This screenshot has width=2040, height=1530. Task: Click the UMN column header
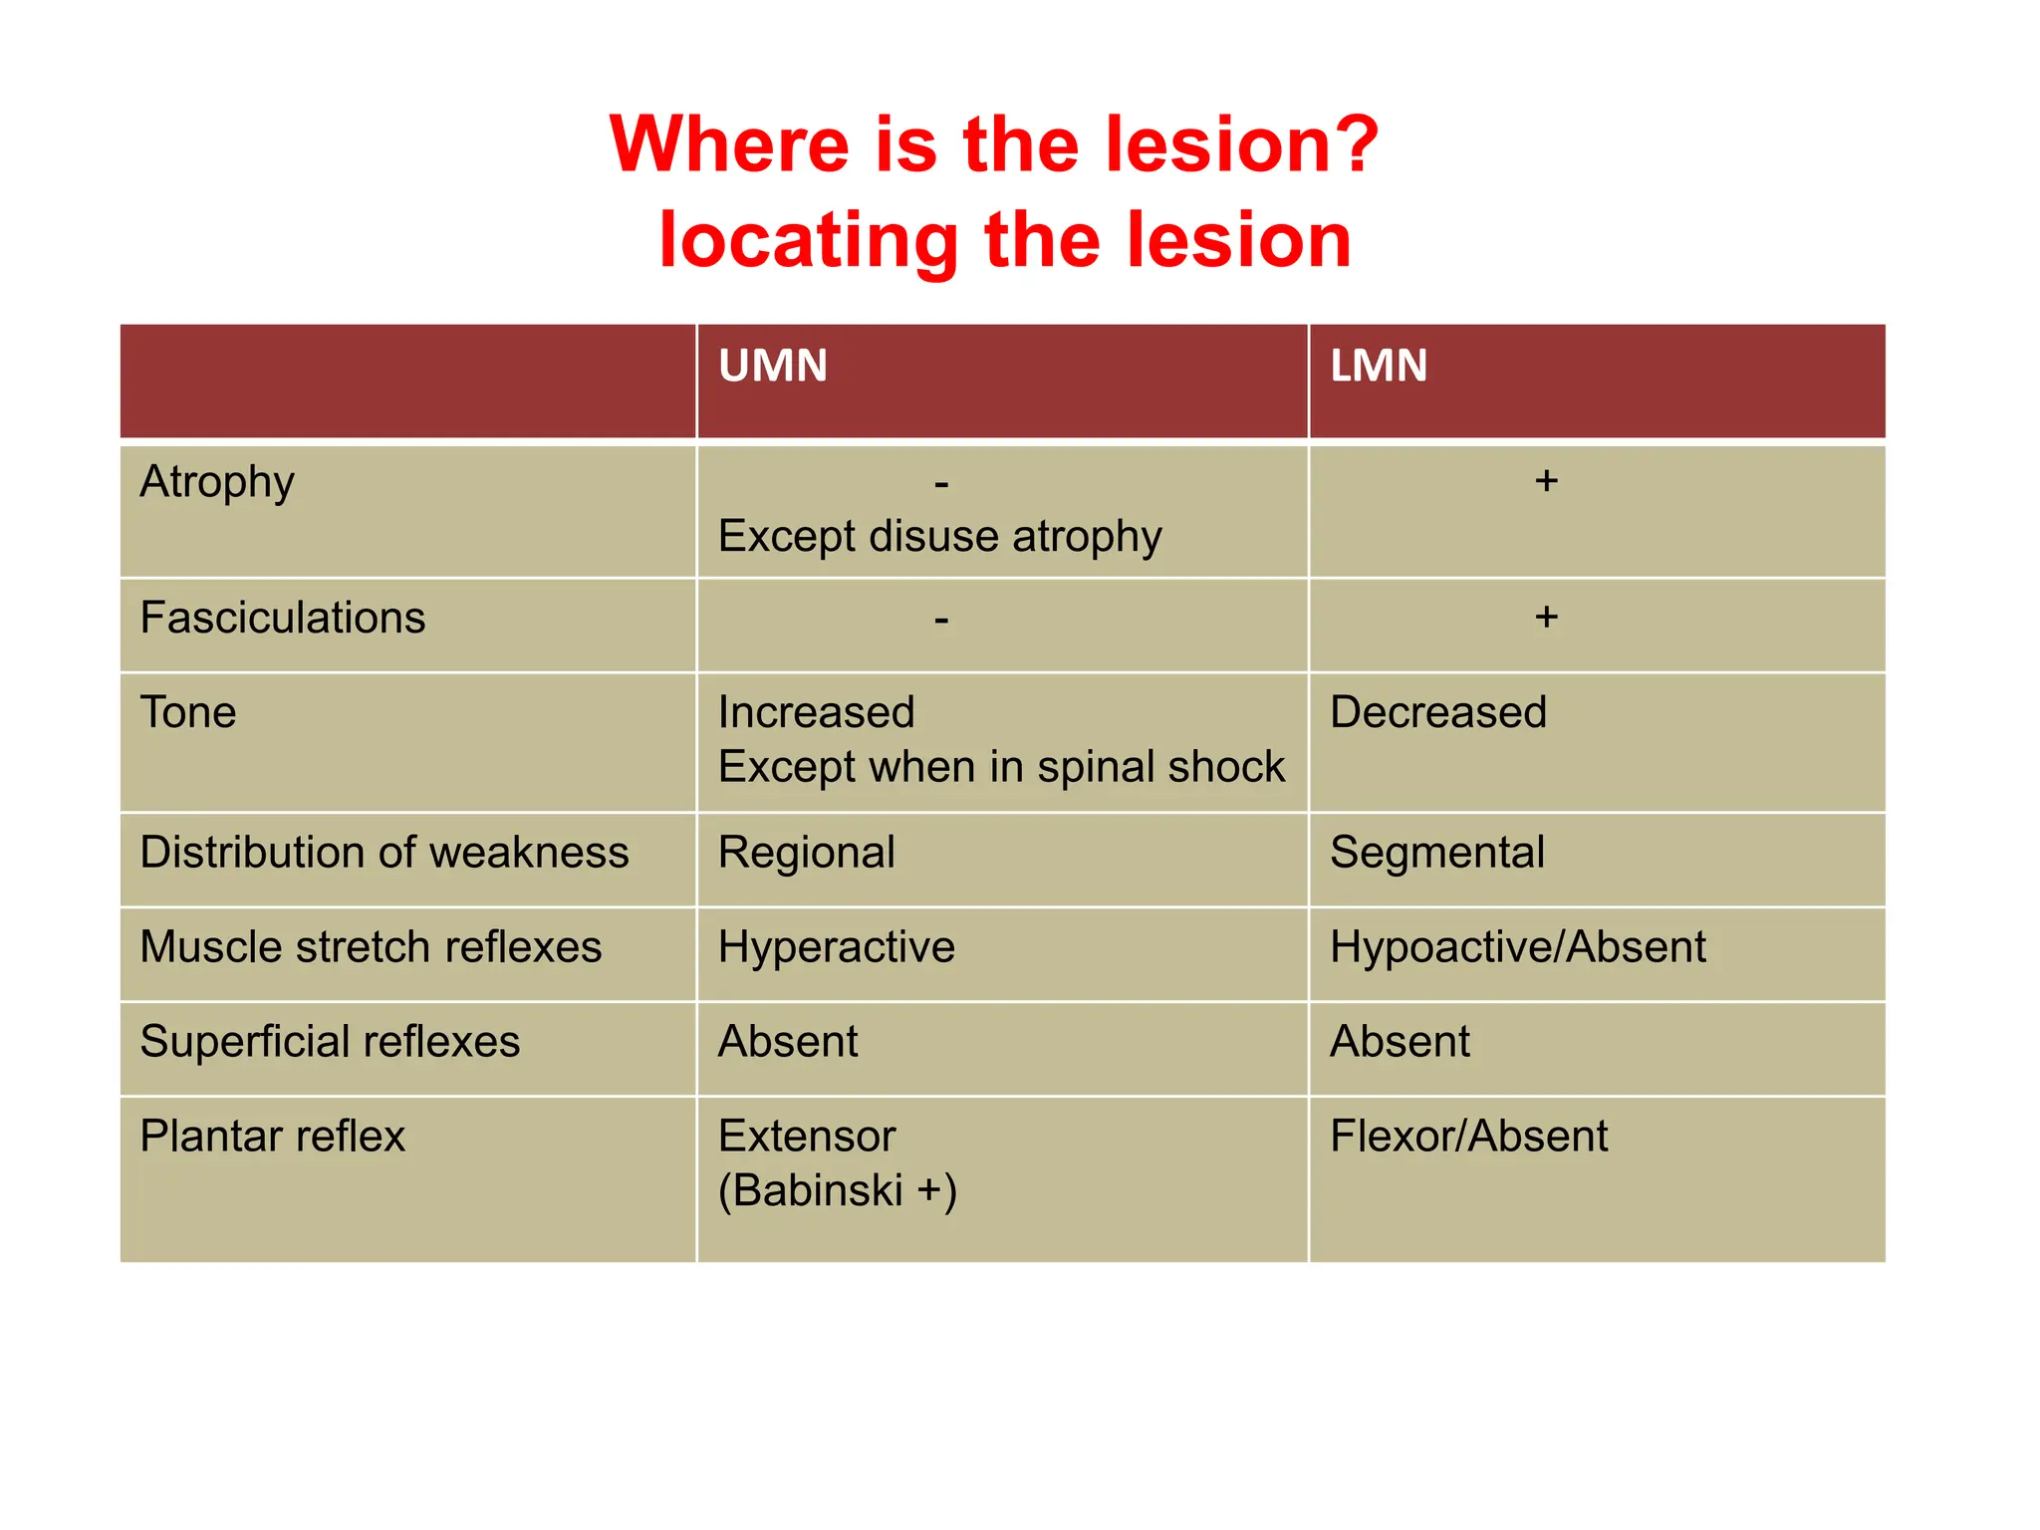773,366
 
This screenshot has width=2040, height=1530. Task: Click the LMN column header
1379,366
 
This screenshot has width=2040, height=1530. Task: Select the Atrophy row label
217,482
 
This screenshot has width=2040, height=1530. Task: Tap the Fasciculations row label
283,618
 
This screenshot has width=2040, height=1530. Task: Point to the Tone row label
188,712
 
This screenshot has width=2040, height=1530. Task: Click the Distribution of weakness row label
384,853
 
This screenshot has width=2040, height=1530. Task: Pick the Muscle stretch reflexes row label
371,946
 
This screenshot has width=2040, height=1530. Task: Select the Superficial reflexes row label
330,1041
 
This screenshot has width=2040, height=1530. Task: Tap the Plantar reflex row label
273,1136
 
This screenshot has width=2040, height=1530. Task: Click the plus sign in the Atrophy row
1546,481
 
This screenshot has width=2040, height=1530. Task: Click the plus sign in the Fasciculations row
1546,618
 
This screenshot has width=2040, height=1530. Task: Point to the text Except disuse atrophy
939,536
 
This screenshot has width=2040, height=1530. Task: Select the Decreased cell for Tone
1438,712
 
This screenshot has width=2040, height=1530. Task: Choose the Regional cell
807,853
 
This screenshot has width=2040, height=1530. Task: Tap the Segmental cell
1437,853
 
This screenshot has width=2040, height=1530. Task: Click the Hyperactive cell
837,946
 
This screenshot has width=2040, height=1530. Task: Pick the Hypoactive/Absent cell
1518,946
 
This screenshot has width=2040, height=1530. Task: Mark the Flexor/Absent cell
1469,1136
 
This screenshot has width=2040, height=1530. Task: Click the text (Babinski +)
838,1190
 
